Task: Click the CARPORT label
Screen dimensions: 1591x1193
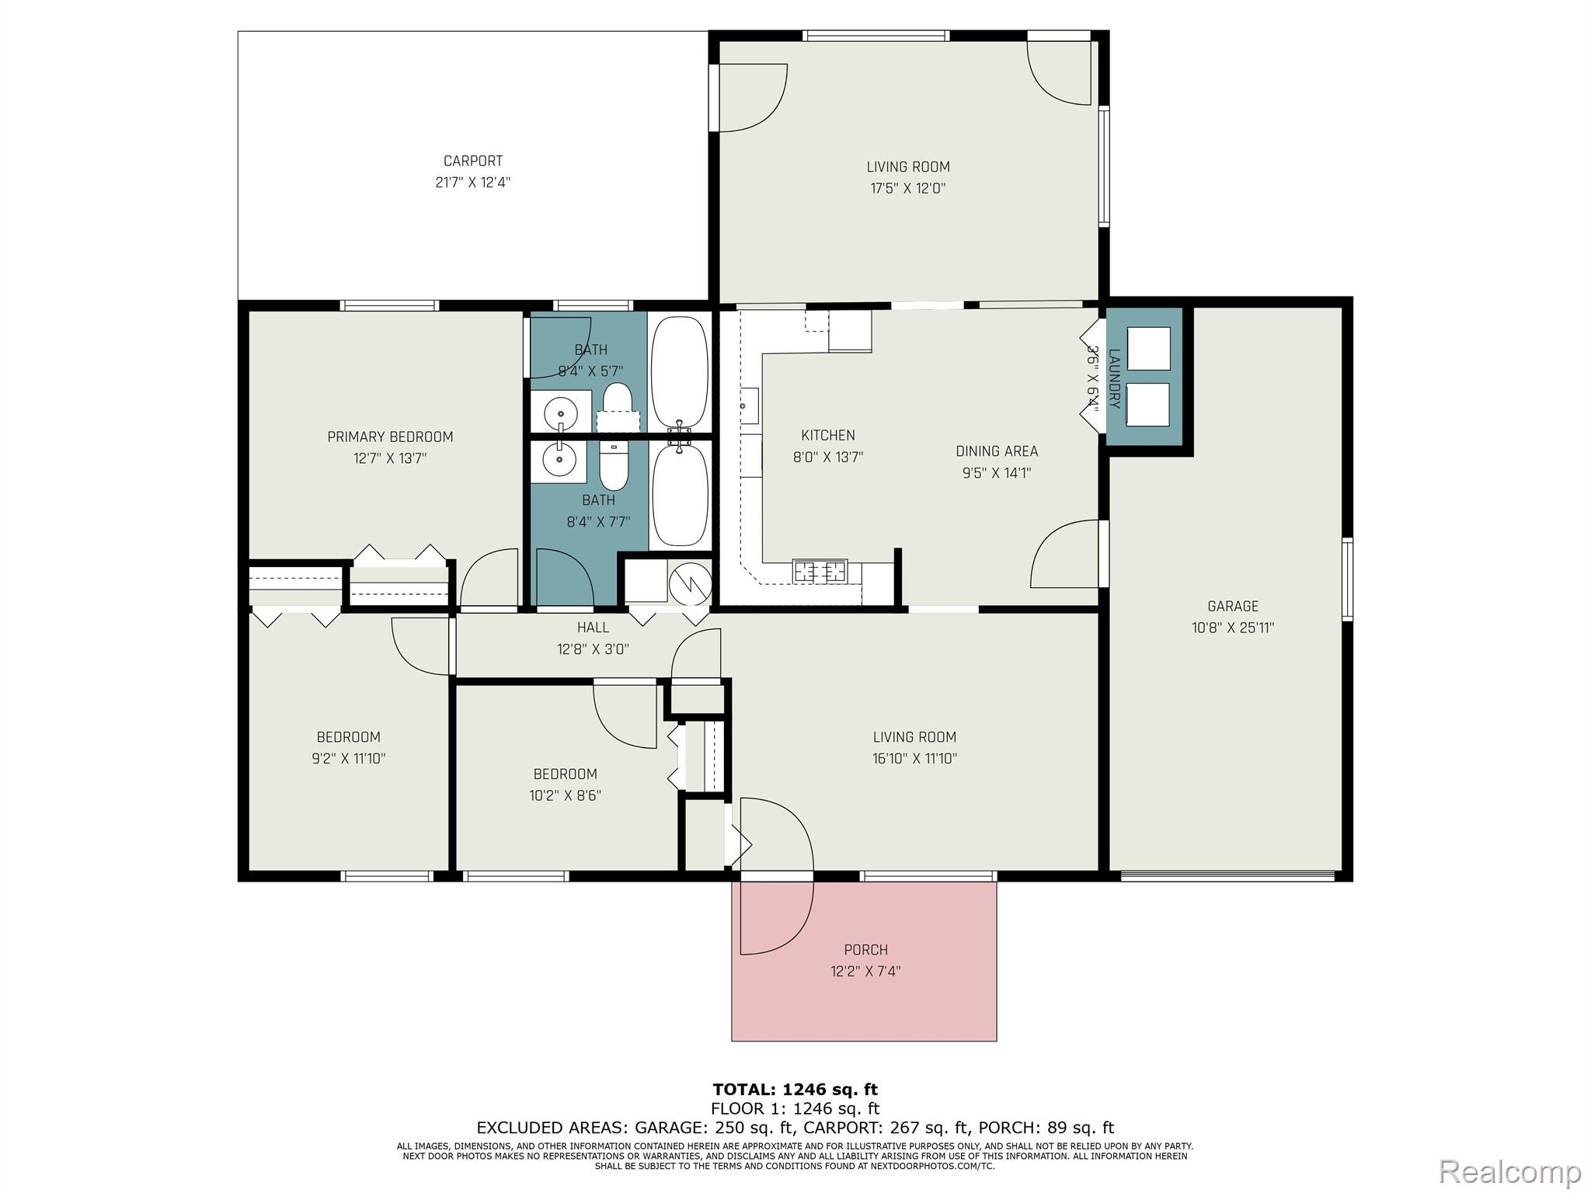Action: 472,161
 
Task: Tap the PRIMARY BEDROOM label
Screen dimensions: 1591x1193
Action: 390,437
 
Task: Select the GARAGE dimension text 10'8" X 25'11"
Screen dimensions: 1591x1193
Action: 1233,628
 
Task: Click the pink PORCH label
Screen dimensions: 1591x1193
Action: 865,949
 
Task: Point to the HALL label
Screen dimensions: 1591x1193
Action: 593,627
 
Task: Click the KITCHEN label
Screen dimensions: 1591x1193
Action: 828,435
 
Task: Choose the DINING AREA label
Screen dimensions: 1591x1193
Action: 997,450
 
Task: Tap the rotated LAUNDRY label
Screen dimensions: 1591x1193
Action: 1115,378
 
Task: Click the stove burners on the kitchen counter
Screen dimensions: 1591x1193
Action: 820,571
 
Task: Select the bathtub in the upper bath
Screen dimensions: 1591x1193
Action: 680,373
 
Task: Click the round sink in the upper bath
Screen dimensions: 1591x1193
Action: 560,411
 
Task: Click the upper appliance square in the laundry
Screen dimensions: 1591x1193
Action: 1148,349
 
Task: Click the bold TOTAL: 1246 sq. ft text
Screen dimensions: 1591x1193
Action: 795,1089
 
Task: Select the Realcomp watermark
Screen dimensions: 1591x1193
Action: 1509,1171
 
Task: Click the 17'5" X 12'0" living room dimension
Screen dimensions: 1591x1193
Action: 908,188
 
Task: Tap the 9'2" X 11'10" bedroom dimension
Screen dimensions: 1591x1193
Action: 348,758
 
